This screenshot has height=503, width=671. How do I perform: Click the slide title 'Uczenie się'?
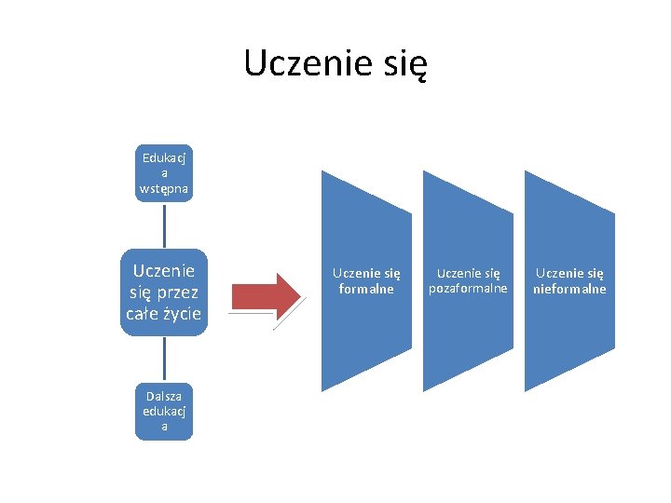(x=335, y=63)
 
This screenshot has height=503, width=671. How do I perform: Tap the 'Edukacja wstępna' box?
(x=164, y=172)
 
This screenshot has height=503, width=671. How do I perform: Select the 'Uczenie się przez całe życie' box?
(x=164, y=292)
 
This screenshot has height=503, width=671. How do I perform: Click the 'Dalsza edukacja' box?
(x=164, y=411)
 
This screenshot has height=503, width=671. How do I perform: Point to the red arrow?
(x=265, y=294)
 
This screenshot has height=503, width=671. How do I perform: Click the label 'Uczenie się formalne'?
(x=366, y=280)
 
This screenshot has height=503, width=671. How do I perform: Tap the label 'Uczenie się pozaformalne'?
(x=468, y=280)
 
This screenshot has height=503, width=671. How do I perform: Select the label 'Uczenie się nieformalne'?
(x=569, y=280)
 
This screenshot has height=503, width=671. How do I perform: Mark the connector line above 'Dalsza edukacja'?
(x=164, y=359)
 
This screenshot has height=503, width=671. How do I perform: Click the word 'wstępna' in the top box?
(x=164, y=188)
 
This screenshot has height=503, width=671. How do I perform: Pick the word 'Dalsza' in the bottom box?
(x=164, y=396)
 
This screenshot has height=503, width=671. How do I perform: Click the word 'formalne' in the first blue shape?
(x=366, y=289)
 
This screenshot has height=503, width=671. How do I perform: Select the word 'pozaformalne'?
(x=468, y=289)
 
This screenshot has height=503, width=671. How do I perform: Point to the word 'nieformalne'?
(x=569, y=289)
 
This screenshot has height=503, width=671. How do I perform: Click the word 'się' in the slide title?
(x=404, y=64)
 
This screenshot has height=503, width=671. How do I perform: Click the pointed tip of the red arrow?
(x=299, y=294)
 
